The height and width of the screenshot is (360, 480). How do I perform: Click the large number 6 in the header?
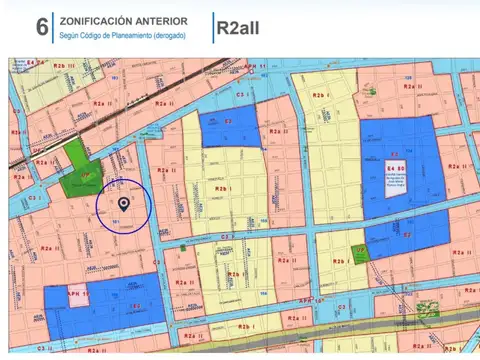point(41,27)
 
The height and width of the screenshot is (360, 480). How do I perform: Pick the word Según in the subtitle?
point(70,36)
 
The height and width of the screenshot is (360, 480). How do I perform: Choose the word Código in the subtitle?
point(96,36)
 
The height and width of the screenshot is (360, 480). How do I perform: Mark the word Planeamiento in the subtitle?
point(127,36)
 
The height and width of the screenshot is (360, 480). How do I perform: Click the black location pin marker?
point(123,203)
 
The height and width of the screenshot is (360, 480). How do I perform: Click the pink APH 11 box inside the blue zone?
point(79,296)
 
